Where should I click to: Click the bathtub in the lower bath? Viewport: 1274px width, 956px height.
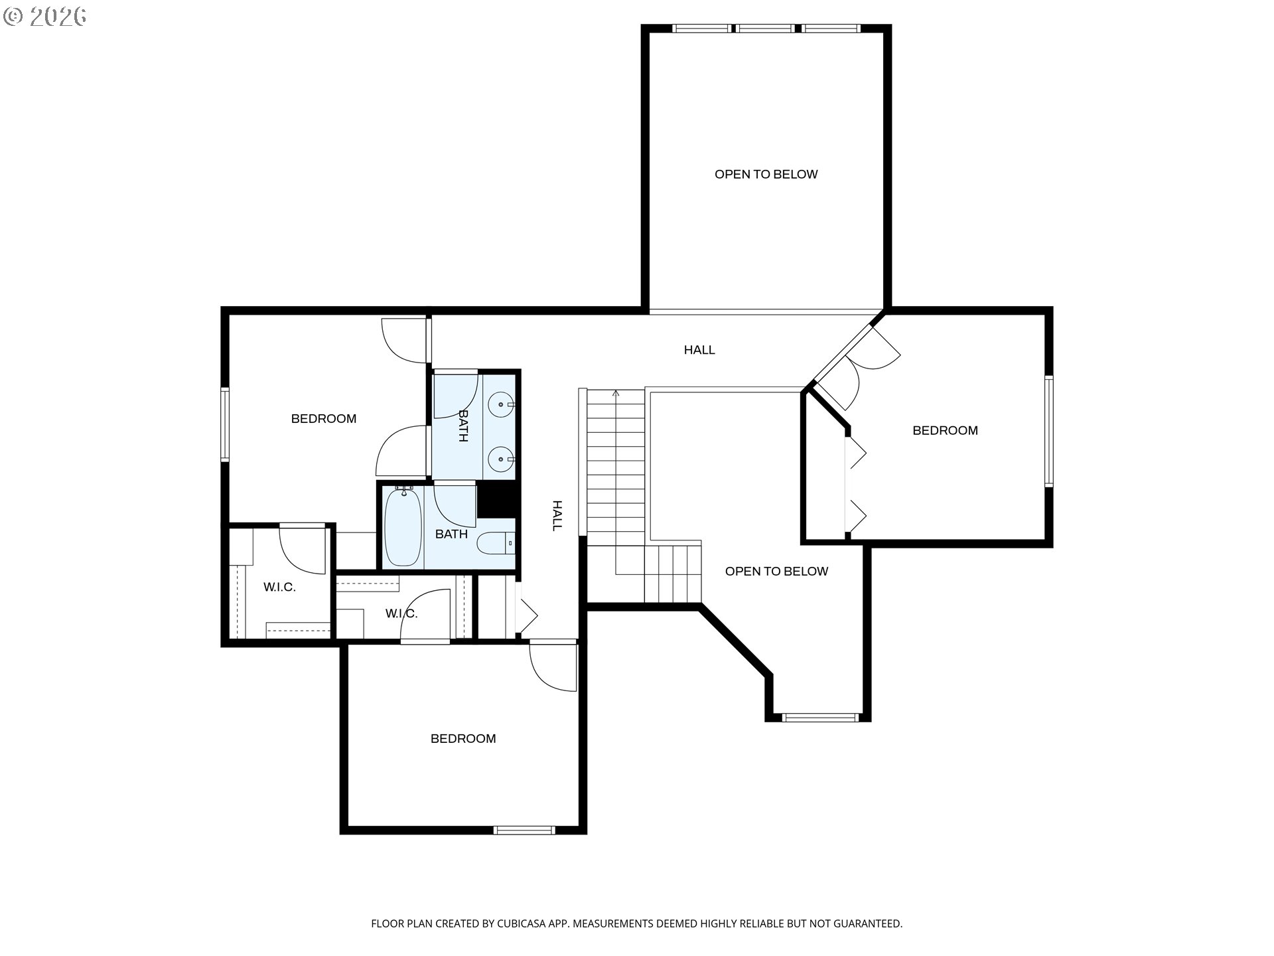[403, 526]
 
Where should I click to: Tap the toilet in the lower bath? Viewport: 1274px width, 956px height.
[496, 544]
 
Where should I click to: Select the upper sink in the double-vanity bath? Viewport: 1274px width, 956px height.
[502, 404]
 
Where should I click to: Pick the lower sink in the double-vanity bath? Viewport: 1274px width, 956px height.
[502, 458]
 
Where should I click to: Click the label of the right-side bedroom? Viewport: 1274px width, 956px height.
[945, 430]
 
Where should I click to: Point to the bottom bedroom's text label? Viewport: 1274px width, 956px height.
[463, 738]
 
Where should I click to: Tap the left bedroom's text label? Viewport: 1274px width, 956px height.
[324, 418]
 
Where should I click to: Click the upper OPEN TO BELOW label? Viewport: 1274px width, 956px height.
[766, 174]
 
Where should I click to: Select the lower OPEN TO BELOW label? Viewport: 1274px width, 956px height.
[776, 571]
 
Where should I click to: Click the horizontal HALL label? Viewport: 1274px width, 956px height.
[699, 350]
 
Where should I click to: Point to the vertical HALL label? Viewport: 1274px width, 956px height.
[557, 516]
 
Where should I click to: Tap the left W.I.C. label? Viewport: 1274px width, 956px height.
[279, 587]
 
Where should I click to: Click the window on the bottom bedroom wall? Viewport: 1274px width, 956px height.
[524, 829]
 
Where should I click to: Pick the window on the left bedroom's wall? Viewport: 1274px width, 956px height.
[225, 424]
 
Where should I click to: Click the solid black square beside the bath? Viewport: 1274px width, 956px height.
[497, 499]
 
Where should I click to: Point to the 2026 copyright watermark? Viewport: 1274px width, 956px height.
[44, 17]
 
